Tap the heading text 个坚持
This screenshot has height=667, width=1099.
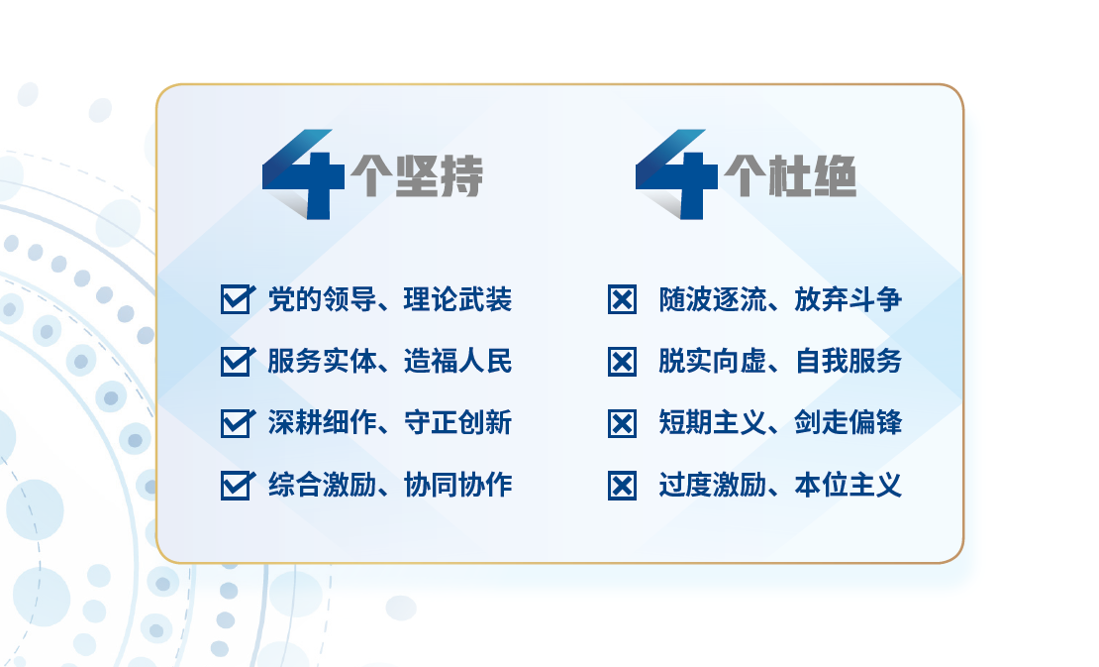click(417, 175)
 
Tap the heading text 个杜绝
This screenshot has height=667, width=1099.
click(791, 175)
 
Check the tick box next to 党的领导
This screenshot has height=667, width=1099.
click(237, 299)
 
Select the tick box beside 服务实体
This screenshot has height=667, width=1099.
click(237, 362)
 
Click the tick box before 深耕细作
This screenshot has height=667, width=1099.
click(237, 423)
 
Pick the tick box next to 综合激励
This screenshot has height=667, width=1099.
click(237, 486)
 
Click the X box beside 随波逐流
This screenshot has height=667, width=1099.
click(623, 300)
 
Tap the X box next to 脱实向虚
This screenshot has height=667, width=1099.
click(623, 362)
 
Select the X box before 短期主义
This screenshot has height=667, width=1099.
click(623, 423)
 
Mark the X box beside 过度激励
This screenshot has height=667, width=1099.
click(623, 486)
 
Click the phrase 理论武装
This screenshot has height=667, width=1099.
click(457, 299)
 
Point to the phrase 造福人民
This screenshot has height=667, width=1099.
click(457, 361)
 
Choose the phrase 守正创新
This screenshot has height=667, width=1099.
click(457, 423)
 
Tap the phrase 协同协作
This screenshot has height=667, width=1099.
click(457, 485)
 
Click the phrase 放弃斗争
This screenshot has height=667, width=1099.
click(849, 299)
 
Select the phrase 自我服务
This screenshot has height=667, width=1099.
click(849, 361)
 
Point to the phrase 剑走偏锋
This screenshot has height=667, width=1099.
click(849, 423)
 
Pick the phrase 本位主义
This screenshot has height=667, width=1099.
click(849, 485)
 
